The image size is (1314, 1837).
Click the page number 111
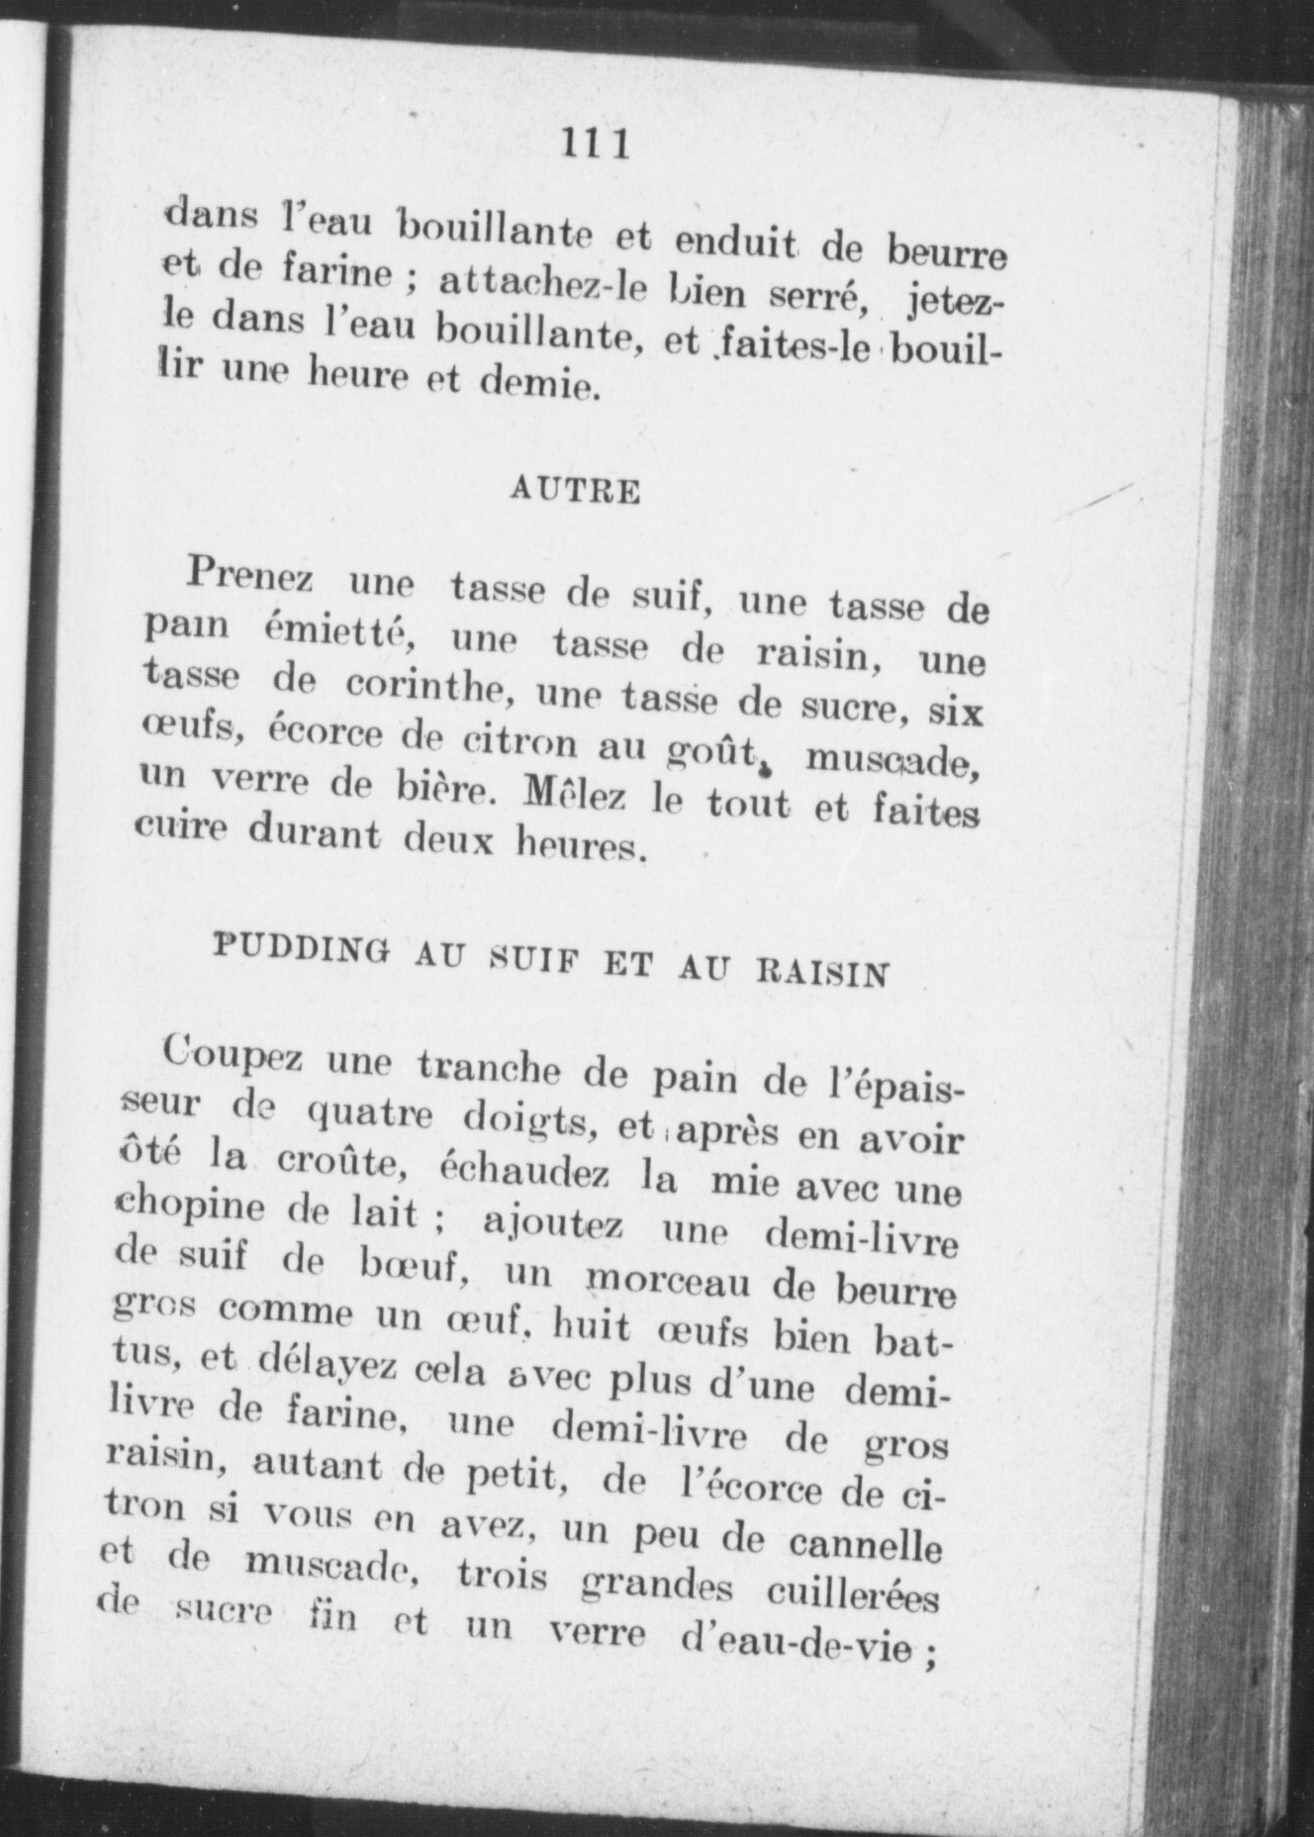click(x=595, y=145)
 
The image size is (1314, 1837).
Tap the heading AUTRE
click(x=575, y=491)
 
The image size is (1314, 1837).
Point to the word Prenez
click(x=248, y=575)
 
